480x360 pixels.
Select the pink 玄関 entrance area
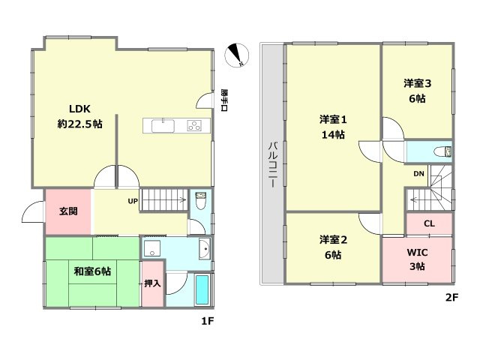click(67, 211)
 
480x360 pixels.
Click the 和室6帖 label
click(91, 271)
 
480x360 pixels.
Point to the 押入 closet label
click(151, 283)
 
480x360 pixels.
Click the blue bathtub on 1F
click(202, 289)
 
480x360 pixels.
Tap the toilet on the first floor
click(200, 202)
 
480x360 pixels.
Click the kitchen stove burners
click(195, 125)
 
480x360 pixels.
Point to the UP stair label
click(133, 201)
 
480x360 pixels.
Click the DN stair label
click(418, 175)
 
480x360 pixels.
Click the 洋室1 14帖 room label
click(332, 127)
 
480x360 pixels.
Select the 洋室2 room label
click(332, 247)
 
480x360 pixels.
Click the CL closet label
click(429, 223)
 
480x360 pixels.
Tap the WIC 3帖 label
click(417, 259)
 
